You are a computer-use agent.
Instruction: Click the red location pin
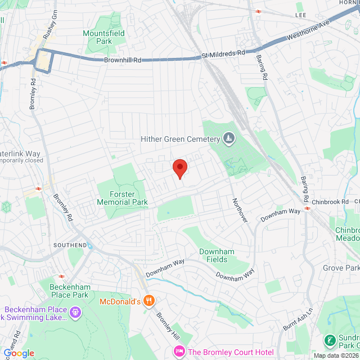coord(179,168)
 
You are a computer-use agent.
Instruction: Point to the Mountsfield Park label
coord(105,37)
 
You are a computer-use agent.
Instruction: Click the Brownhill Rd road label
coord(122,60)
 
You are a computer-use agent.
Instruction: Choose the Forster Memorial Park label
coord(122,198)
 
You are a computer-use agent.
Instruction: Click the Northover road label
coord(240,209)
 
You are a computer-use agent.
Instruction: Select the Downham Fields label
coord(213,255)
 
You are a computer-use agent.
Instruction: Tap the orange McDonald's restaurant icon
coord(148,301)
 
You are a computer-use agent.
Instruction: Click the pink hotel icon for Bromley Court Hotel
coord(179,352)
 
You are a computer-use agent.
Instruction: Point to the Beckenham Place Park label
coord(70,290)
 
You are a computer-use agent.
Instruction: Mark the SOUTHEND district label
coord(70,245)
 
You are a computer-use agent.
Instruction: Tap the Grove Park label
coord(341,268)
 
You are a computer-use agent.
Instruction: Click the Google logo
coord(19,353)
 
